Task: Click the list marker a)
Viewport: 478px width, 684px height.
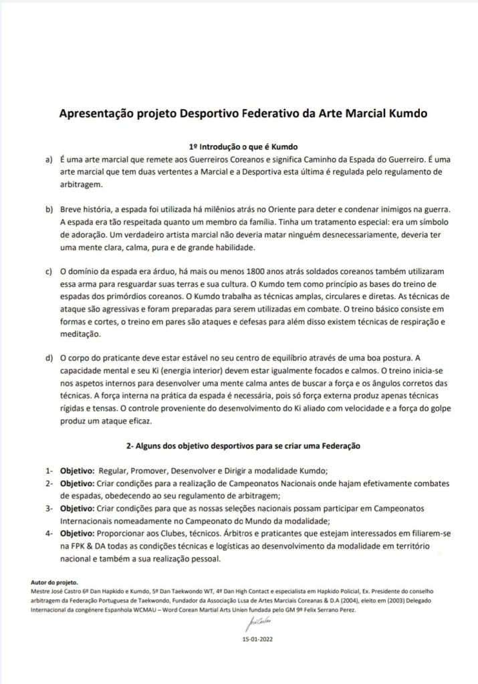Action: tap(49, 160)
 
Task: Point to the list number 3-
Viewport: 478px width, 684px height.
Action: tap(49, 507)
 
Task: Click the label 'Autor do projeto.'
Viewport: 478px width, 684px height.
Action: tap(54, 584)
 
